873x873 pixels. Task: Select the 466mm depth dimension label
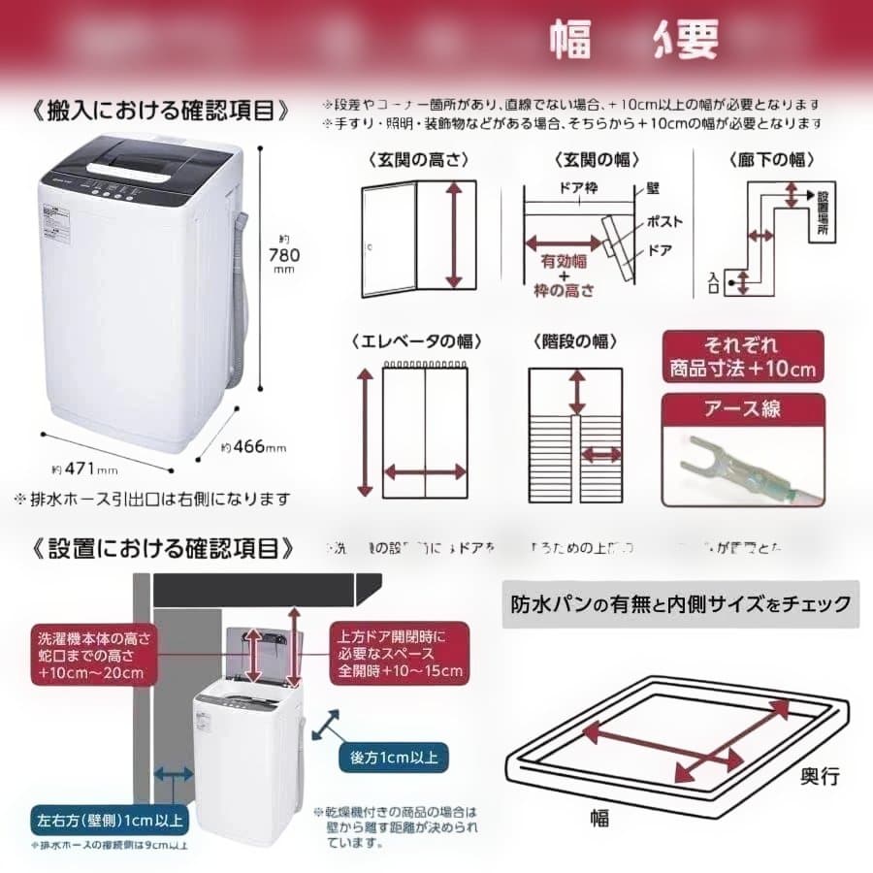[253, 447]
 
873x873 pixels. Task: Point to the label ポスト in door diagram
[664, 222]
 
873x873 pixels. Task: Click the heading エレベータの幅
[417, 341]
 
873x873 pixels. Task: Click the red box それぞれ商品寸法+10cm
[743, 357]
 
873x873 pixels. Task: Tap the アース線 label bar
[743, 408]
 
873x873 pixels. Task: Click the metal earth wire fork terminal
[718, 456]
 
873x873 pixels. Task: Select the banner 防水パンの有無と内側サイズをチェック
[680, 604]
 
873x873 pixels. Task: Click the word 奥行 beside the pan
[820, 776]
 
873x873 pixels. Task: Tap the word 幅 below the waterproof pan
[598, 818]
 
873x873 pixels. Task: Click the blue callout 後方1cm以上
[392, 756]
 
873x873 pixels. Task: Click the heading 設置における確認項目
[163, 548]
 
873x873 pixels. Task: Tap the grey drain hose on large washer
[239, 310]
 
